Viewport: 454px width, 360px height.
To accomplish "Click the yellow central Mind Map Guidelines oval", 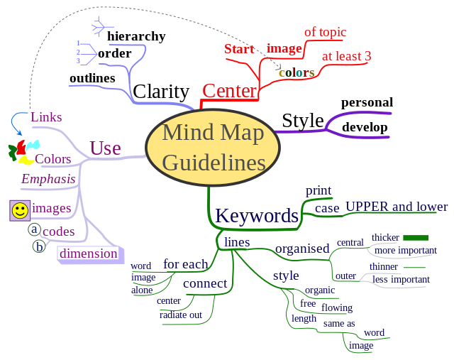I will (x=213, y=147).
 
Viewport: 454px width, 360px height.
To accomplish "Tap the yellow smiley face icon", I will (x=20, y=210).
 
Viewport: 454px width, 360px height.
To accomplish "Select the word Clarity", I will (x=161, y=92).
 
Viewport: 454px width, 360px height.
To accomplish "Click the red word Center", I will (x=229, y=90).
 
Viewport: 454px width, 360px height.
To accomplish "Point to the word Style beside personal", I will (x=302, y=121).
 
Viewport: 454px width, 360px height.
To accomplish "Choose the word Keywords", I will (x=257, y=215).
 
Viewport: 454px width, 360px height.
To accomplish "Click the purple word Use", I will (x=105, y=148).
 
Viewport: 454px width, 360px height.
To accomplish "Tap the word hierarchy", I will (x=136, y=36).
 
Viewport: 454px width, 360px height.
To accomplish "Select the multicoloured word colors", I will (x=297, y=72).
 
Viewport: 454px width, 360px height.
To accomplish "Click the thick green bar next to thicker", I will (x=416, y=237).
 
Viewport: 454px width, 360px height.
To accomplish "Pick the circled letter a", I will (x=34, y=229).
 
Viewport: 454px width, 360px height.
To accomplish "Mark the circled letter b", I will (x=40, y=246).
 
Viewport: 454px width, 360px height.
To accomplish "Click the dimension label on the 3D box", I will (x=89, y=253).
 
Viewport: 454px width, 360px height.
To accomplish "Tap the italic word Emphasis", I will (x=48, y=179).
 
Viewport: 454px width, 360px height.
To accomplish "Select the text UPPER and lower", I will (x=397, y=207).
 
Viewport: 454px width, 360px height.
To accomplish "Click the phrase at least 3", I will (x=347, y=55).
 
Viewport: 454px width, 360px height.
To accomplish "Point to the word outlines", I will (x=92, y=78).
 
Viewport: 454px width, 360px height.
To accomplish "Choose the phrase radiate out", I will (x=181, y=315).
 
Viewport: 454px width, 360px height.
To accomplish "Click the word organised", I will (x=302, y=248).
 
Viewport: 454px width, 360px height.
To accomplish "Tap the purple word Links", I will (x=46, y=117).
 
